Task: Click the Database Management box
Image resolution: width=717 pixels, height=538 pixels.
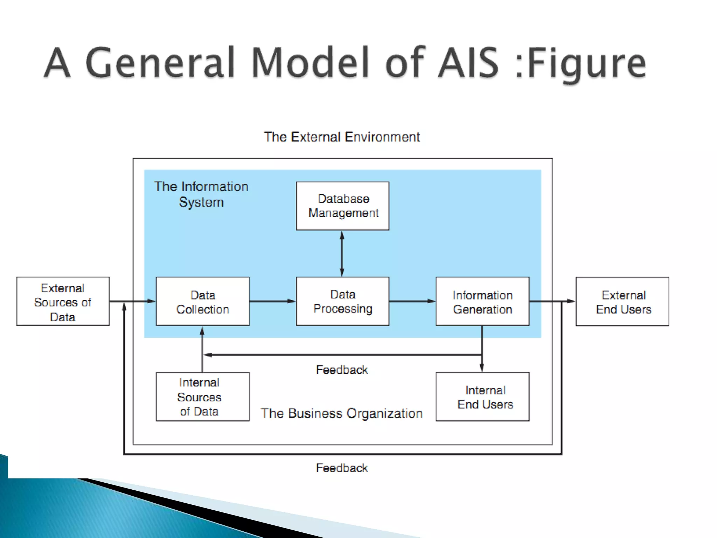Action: click(x=342, y=206)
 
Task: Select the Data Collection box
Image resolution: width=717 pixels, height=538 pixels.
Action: click(x=203, y=302)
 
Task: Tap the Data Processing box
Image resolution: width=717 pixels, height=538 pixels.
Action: click(x=342, y=302)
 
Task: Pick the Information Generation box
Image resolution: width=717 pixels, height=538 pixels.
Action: click(x=482, y=302)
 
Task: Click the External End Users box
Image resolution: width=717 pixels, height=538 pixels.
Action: click(x=622, y=302)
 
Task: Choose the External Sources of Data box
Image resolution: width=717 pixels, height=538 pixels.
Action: click(x=63, y=302)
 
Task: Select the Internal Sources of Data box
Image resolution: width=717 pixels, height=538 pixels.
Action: click(x=203, y=397)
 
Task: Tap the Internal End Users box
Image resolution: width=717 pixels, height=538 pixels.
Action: click(x=482, y=397)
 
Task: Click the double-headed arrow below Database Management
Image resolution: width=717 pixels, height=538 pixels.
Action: click(x=342, y=254)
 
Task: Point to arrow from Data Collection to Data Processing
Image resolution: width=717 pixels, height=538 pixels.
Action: click(x=272, y=301)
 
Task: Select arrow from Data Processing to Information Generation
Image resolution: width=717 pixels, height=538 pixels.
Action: click(x=412, y=301)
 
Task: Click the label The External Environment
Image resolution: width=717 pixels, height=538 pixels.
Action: click(x=342, y=137)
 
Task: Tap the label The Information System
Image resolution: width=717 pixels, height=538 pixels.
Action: click(x=201, y=194)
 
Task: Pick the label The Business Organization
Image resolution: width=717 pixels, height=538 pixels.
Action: click(x=342, y=413)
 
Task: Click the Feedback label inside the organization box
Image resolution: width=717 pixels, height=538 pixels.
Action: click(x=342, y=370)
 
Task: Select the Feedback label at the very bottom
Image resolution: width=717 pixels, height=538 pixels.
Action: click(x=342, y=468)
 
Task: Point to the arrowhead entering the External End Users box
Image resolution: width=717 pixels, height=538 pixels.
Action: click(x=571, y=301)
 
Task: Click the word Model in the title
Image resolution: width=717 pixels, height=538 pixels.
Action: click(x=310, y=63)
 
